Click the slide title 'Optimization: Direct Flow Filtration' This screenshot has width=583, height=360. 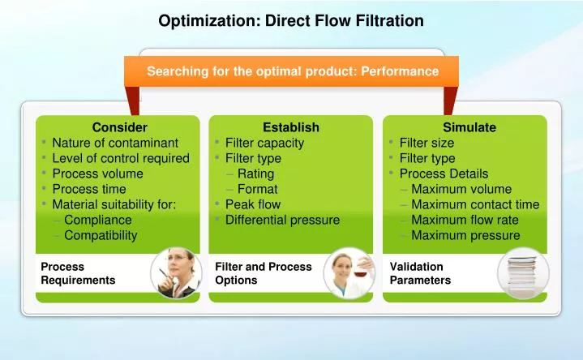(x=291, y=20)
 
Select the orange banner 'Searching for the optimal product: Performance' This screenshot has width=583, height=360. (x=292, y=71)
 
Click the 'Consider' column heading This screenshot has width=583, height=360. (x=119, y=127)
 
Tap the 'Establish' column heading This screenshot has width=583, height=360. (x=291, y=127)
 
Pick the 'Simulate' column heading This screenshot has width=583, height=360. (x=469, y=127)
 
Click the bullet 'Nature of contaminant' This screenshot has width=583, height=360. (x=114, y=143)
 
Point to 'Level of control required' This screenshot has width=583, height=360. (x=120, y=158)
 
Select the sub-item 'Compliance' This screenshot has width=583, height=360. (x=97, y=220)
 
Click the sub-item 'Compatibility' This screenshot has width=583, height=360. (x=101, y=235)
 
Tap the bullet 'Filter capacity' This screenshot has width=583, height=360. (x=264, y=143)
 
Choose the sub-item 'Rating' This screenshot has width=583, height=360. (x=255, y=174)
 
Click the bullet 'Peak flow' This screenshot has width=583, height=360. (x=252, y=204)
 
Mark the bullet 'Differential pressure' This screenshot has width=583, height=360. (x=282, y=220)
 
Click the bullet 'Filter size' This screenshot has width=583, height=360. (x=427, y=143)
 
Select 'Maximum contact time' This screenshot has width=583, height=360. (x=474, y=204)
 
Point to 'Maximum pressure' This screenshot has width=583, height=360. (x=465, y=235)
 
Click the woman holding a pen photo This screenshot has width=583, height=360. (x=176, y=272)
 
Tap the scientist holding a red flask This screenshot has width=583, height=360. (x=349, y=272)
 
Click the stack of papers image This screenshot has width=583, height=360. (x=523, y=272)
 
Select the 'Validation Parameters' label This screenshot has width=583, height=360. (x=420, y=273)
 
